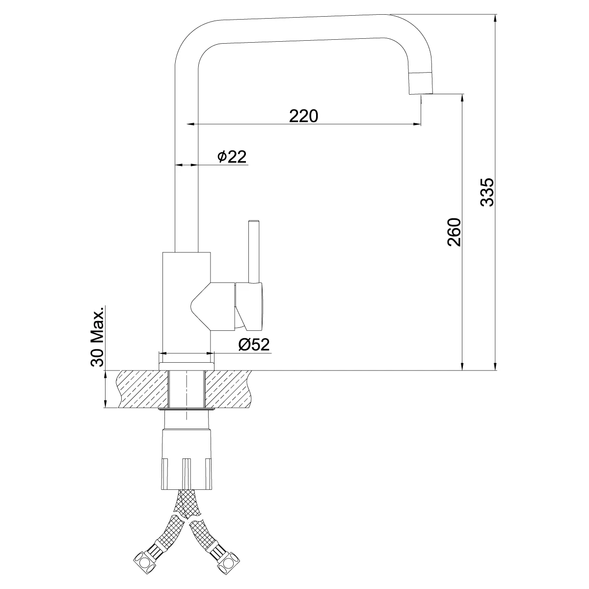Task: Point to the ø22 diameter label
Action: [x=231, y=157]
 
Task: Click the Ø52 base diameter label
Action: [x=254, y=345]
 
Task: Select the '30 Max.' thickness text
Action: [x=97, y=338]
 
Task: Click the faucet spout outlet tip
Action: [x=421, y=83]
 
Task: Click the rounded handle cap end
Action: [x=255, y=307]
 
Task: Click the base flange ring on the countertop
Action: [x=187, y=366]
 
